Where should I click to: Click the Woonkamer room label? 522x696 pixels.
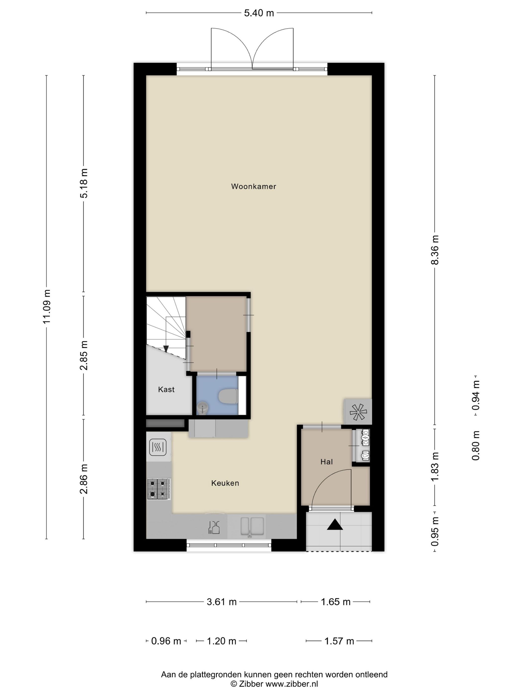254,186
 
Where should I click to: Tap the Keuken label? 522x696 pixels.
225,483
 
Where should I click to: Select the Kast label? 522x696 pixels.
166,390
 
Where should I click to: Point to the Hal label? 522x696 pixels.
327,462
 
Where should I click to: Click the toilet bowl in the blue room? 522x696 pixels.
228,397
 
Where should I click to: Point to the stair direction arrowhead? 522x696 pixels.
166,349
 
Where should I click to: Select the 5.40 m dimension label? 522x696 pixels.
259,13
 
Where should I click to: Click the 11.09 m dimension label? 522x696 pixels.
46,306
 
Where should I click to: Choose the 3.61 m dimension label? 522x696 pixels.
221,602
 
